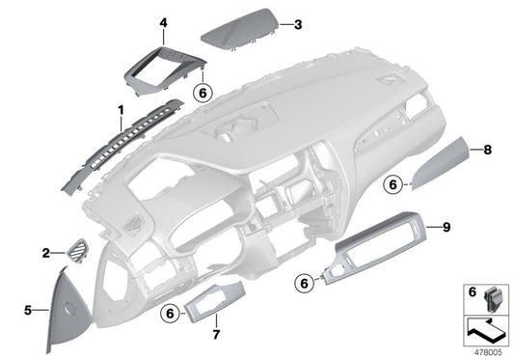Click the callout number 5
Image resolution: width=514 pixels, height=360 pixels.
tap(28, 310)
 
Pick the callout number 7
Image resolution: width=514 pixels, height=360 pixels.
tap(214, 335)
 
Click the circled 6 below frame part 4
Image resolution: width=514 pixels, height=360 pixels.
tap(202, 93)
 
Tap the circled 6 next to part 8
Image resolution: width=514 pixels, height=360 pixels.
tap(393, 183)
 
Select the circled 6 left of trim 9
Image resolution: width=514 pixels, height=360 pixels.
tap(305, 283)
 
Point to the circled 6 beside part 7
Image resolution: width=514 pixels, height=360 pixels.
tap(170, 313)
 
